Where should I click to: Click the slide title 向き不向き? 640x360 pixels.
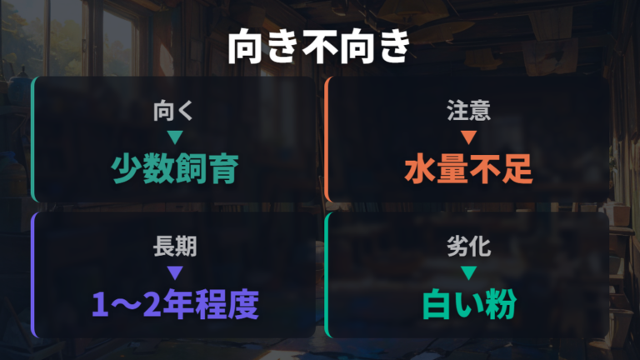pos(319,46)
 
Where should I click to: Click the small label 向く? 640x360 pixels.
pos(173,111)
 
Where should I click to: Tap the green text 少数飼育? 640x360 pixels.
pos(175,168)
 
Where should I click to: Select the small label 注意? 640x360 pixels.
pos(468,111)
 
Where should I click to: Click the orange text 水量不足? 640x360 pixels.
pos(468,168)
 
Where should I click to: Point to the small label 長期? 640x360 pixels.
pos(175,247)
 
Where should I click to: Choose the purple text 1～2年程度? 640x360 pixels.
pos(175,304)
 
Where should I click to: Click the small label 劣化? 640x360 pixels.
pos(468,247)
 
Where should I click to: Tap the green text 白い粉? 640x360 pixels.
pos(469,304)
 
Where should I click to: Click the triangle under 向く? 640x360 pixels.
pos(175,137)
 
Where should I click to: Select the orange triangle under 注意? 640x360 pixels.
pos(468,137)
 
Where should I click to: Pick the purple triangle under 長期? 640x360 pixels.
pos(175,272)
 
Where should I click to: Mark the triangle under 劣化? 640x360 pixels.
pos(468,272)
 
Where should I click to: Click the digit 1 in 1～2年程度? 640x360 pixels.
pos(100,305)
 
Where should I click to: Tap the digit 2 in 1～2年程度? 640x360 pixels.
pos(152,305)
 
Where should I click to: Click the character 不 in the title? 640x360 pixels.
pos(319,46)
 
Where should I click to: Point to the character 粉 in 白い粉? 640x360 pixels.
pos(501,304)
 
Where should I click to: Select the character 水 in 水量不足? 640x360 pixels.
pos(420,168)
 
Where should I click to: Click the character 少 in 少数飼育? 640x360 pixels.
pos(127,168)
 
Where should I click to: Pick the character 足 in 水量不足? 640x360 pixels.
pos(517,168)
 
